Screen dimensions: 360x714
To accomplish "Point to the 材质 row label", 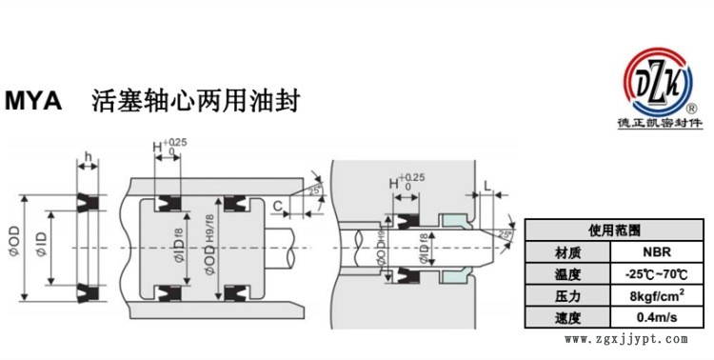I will click(567, 253).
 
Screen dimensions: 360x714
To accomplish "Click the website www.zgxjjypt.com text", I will click(625, 339).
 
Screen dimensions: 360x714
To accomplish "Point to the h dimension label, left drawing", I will click(88, 159).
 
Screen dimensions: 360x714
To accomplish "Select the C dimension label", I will click(277, 205).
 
